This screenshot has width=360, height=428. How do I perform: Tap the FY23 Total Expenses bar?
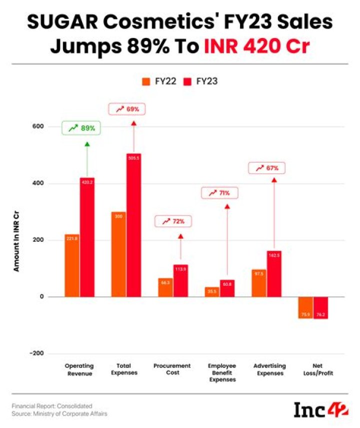tap(133, 225)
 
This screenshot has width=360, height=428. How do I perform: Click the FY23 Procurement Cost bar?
tap(180, 280)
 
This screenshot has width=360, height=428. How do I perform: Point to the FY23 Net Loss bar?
tap(321, 307)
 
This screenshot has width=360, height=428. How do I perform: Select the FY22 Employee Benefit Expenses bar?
tap(212, 292)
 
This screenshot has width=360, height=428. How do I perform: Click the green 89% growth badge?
tap(81, 128)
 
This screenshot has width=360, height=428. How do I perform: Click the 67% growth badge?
tap(266, 168)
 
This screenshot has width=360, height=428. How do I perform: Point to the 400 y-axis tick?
tap(38, 184)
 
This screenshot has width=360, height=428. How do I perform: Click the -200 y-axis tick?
tap(36, 353)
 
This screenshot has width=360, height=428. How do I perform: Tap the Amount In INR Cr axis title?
tap(16, 241)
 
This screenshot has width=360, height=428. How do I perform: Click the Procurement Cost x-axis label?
tap(171, 369)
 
